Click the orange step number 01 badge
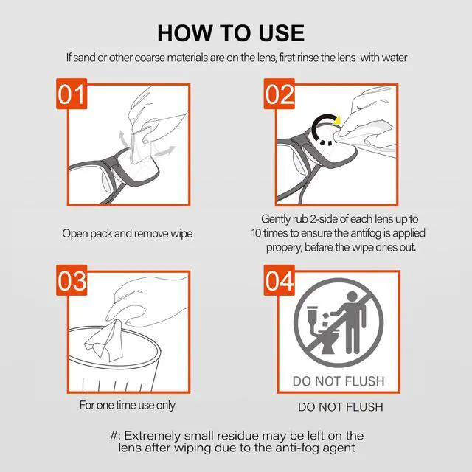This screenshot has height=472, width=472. coord(72,94)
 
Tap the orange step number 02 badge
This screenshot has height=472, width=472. coord(280,94)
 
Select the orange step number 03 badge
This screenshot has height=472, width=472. coord(72,280)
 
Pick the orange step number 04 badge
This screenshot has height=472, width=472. coord(280,280)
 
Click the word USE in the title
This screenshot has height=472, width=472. coord(281,32)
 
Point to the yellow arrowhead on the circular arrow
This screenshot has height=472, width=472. coord(338,119)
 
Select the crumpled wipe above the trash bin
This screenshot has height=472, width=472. coord(105,341)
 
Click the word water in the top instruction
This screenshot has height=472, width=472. coord(392,58)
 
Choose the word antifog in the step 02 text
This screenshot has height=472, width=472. coord(366,233)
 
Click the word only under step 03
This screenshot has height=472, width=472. coord(166,405)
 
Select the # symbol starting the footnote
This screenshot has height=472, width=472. coord(114,435)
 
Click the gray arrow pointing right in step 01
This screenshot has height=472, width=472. coord(164,150)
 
